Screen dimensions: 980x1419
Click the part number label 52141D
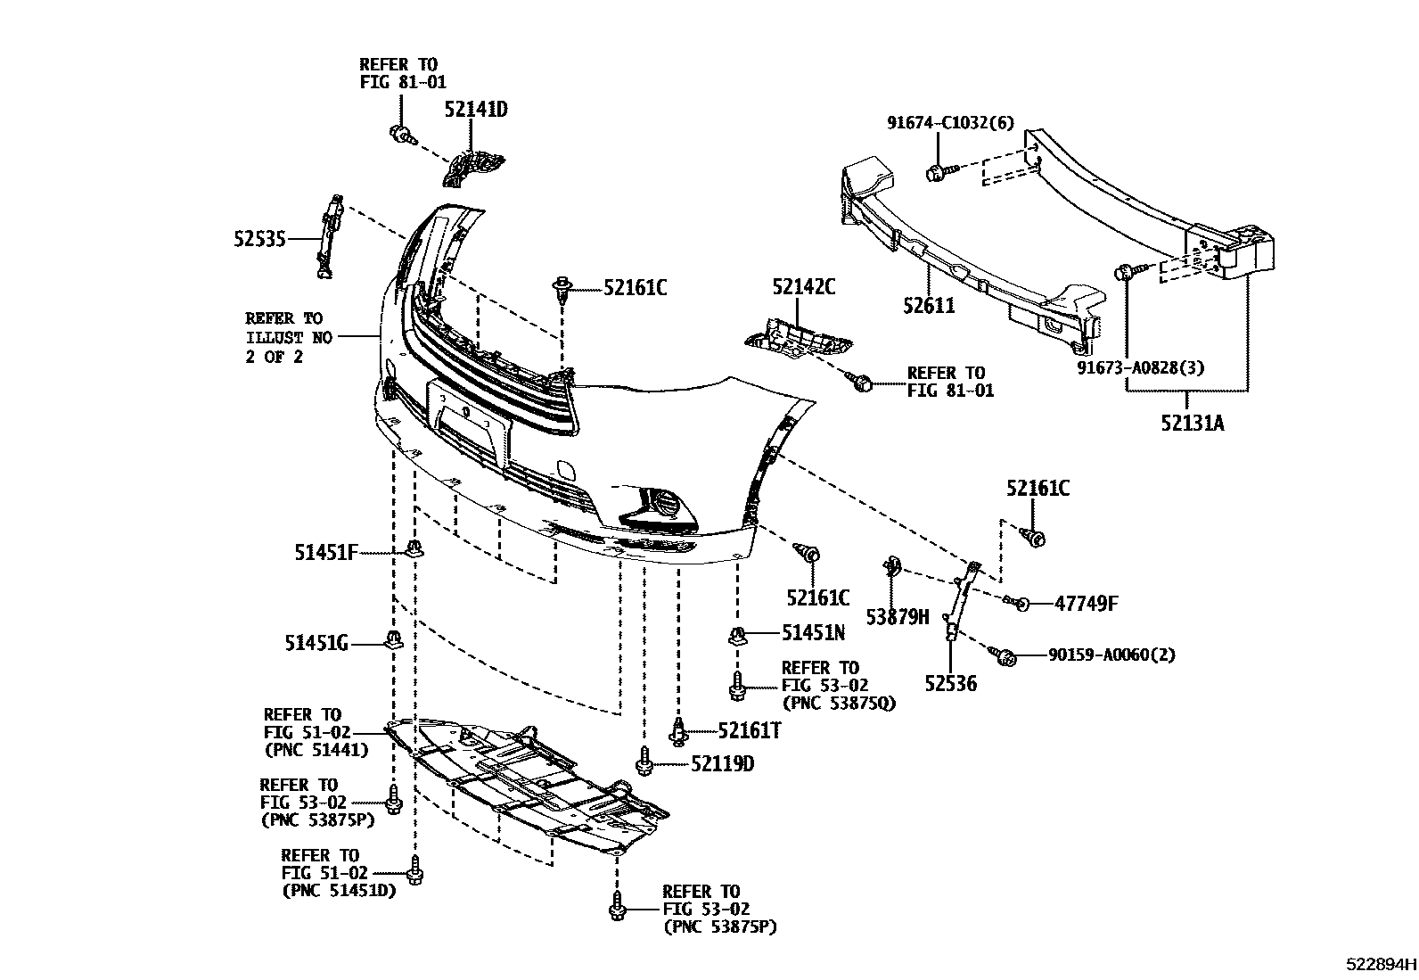click(x=476, y=110)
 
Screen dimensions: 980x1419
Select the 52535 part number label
click(x=259, y=239)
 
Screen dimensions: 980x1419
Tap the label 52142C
click(x=804, y=287)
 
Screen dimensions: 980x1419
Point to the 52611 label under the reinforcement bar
click(x=928, y=306)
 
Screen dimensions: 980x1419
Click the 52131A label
click(x=1192, y=423)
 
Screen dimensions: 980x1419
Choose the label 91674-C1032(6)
click(x=949, y=123)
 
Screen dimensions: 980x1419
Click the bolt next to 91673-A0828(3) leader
click(x=1125, y=272)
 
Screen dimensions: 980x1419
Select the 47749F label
click(x=1085, y=604)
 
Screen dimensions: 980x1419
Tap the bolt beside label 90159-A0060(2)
click(x=1007, y=658)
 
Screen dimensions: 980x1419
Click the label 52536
click(x=950, y=684)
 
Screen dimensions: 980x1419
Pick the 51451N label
click(x=813, y=633)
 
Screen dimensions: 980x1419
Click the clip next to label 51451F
click(x=414, y=548)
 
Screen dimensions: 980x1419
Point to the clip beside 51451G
click(x=393, y=638)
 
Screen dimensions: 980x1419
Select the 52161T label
click(x=750, y=731)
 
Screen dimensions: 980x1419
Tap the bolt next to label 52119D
click(x=644, y=763)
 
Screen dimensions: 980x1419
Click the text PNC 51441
click(x=316, y=751)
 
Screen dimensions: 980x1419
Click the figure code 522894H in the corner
click(x=1381, y=964)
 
